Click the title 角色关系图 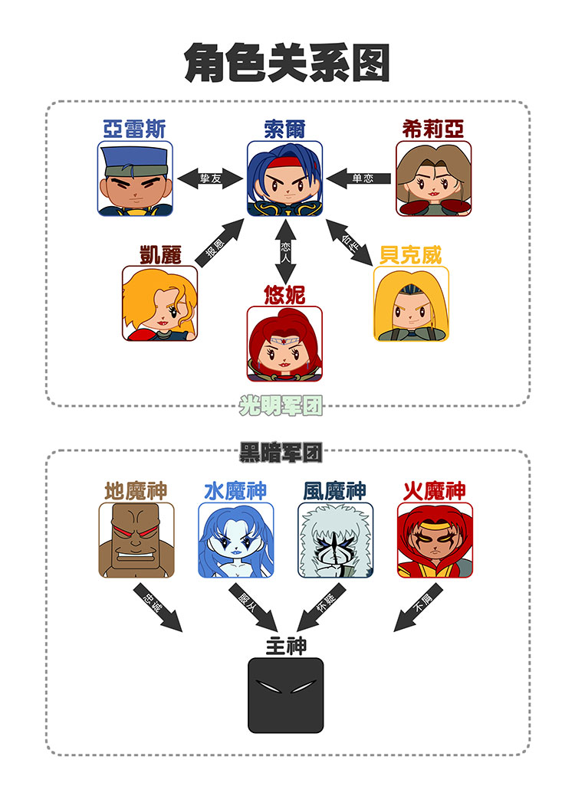[287, 62]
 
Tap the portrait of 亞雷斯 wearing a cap [136, 178]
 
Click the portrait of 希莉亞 [433, 178]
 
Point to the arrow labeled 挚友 [209, 178]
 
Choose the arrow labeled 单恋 [359, 178]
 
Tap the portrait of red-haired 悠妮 [284, 343]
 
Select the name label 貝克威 [411, 255]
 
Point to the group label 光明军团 [281, 405]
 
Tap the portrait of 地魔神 [136, 540]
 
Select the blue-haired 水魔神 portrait [236, 540]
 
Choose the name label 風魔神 [335, 490]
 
